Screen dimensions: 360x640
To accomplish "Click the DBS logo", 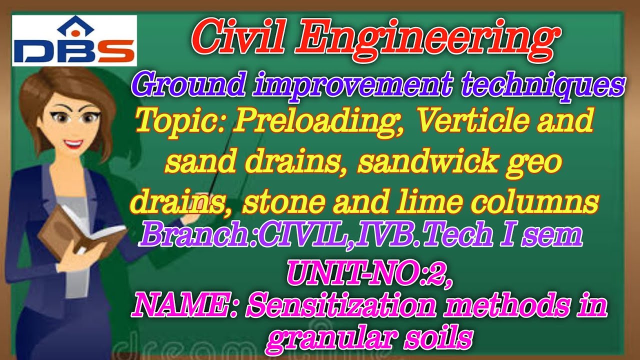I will coord(74,41).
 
